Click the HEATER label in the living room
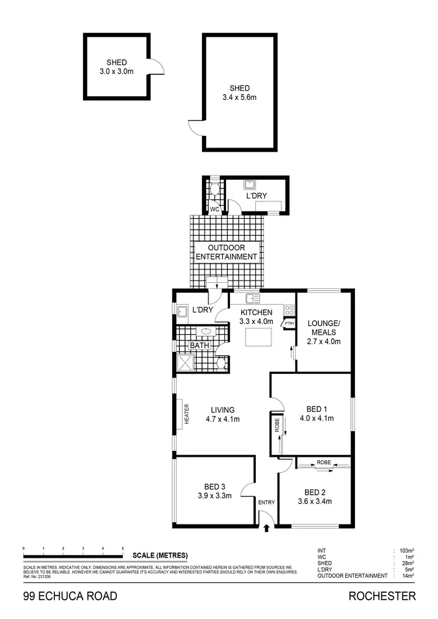[x=187, y=415]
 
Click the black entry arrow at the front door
[x=267, y=528]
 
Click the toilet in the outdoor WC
[x=215, y=188]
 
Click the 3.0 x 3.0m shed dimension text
[x=116, y=72]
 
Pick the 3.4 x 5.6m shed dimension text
[x=239, y=97]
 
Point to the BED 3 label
[x=215, y=487]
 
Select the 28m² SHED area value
[x=407, y=563]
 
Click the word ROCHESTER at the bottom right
[x=382, y=596]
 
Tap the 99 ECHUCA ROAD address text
[x=70, y=596]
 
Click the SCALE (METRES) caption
[x=160, y=555]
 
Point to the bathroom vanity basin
[x=206, y=332]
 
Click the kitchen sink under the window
[x=252, y=299]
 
